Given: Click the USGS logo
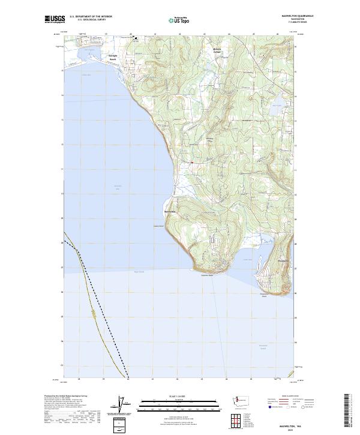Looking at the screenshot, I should pyautogui.click(x=54, y=19).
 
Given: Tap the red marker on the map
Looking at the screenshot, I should pyautogui.click(x=191, y=162).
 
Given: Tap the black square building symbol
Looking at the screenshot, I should pyautogui.click(x=136, y=39).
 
